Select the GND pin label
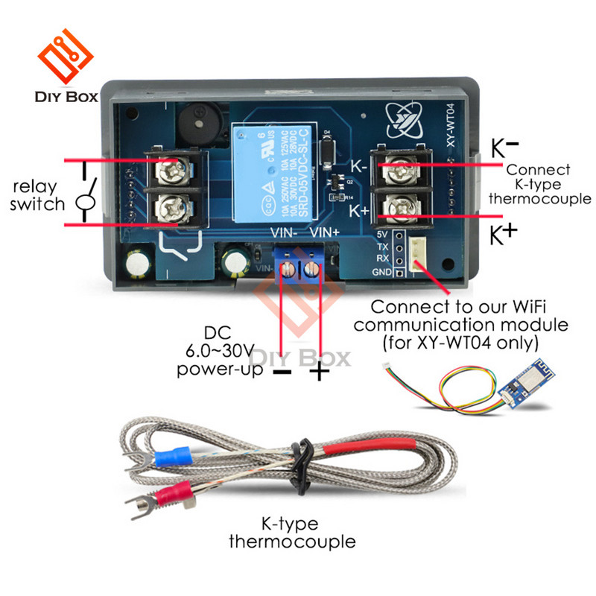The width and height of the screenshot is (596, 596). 381,272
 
